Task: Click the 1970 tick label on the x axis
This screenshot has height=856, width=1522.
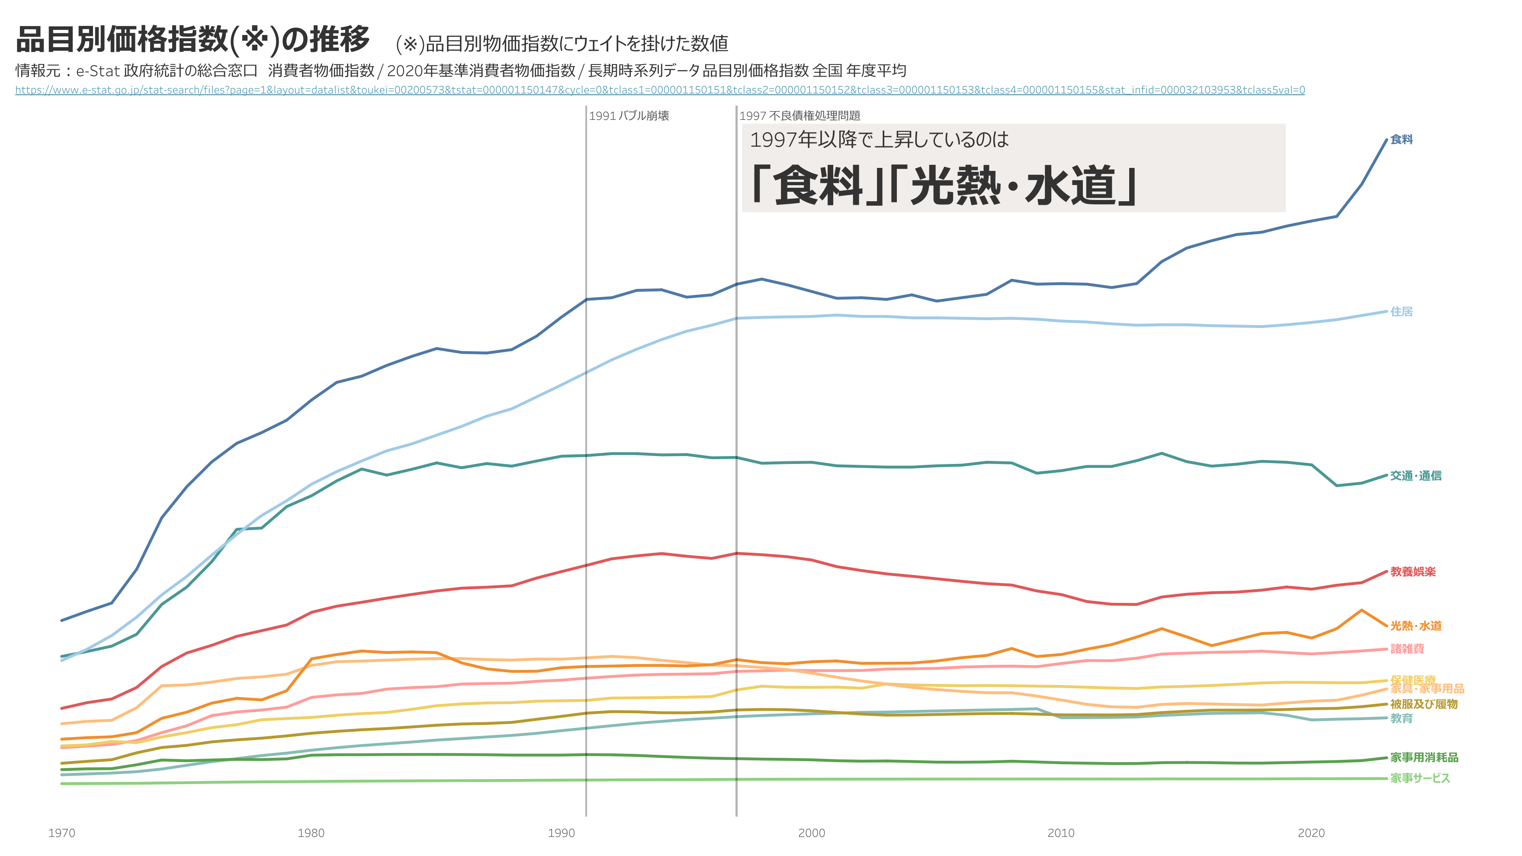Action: (x=61, y=833)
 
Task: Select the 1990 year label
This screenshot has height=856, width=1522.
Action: (x=561, y=833)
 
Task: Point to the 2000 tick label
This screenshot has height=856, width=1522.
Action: (x=811, y=833)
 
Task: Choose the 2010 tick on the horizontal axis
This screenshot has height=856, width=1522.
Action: (x=1061, y=833)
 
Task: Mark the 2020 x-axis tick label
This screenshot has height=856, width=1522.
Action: (x=1311, y=833)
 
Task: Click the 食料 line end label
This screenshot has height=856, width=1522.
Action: (x=1401, y=139)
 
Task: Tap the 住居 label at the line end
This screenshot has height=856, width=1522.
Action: (x=1401, y=312)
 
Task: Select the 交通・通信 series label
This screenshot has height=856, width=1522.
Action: (x=1416, y=475)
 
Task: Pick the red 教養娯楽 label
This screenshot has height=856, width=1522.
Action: (x=1413, y=572)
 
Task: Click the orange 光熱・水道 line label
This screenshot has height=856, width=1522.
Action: (x=1416, y=625)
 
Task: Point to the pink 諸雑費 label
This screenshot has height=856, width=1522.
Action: (x=1407, y=649)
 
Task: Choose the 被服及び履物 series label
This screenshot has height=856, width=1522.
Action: (x=1424, y=704)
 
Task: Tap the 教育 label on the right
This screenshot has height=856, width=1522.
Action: (x=1401, y=718)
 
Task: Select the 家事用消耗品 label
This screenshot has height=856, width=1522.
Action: (x=1424, y=757)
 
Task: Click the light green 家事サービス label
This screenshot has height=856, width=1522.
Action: (x=1420, y=778)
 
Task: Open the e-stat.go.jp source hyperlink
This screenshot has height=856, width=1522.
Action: (x=660, y=90)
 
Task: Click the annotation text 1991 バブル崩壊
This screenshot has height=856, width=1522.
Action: (x=629, y=116)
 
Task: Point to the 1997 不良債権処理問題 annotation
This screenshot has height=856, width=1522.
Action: (x=800, y=116)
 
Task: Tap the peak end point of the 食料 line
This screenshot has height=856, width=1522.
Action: (x=1386, y=139)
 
